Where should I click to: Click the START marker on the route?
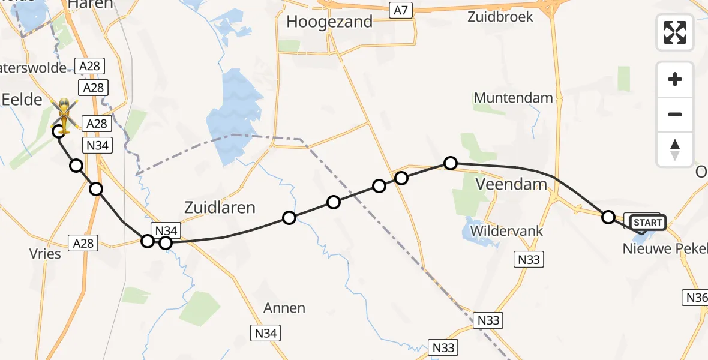(647, 223)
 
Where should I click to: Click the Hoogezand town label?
(329, 22)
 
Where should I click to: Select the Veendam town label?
(511, 184)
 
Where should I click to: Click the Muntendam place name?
(513, 97)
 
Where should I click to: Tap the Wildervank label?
(507, 231)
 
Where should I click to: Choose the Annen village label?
(284, 308)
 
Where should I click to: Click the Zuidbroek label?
(500, 17)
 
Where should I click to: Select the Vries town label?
(46, 254)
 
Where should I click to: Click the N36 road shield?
(696, 297)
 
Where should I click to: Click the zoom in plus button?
(675, 79)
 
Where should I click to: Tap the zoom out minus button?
(675, 114)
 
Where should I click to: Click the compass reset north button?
(675, 149)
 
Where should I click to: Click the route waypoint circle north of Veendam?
(451, 163)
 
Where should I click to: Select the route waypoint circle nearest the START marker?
(608, 217)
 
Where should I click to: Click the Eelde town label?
(22, 100)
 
